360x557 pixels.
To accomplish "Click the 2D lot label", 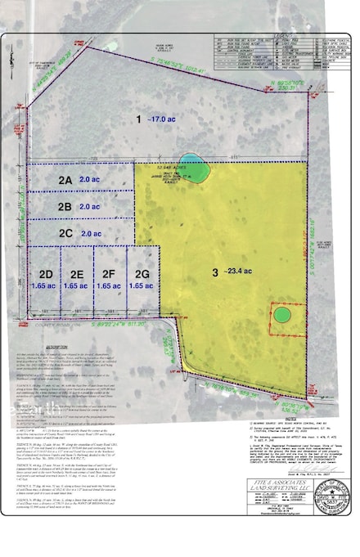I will point(46,274).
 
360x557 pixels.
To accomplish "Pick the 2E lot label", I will point(78,274).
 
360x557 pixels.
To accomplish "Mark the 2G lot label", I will point(142,274).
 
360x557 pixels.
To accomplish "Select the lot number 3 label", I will point(214,273).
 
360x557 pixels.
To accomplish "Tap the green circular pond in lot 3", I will point(281,314).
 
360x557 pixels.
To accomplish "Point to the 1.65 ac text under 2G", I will point(142,287).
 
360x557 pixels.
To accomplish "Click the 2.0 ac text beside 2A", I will point(91,179).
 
